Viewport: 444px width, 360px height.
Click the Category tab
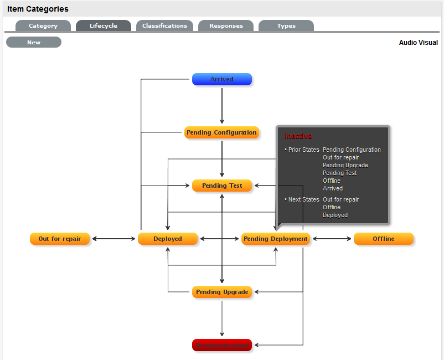(43, 26)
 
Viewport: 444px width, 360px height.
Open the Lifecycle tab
(104, 26)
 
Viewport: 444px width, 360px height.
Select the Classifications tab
(164, 26)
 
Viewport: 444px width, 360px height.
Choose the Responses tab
(226, 26)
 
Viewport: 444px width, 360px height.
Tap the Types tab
(286, 26)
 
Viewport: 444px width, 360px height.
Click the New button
(34, 42)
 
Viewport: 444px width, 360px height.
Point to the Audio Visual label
(418, 43)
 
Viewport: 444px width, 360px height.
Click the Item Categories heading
(38, 9)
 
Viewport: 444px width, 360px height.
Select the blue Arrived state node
(222, 79)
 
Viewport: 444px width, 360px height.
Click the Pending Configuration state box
(221, 133)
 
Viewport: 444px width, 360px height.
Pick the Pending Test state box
(222, 186)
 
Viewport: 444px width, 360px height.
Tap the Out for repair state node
(60, 239)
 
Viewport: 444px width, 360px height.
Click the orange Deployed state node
(168, 239)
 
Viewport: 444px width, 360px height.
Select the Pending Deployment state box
(276, 239)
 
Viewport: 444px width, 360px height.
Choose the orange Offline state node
(384, 239)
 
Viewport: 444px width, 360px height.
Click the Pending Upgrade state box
(222, 292)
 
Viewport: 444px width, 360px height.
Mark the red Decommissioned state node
(222, 345)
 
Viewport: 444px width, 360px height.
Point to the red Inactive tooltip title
(298, 136)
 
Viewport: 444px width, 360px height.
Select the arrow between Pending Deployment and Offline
(332, 239)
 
